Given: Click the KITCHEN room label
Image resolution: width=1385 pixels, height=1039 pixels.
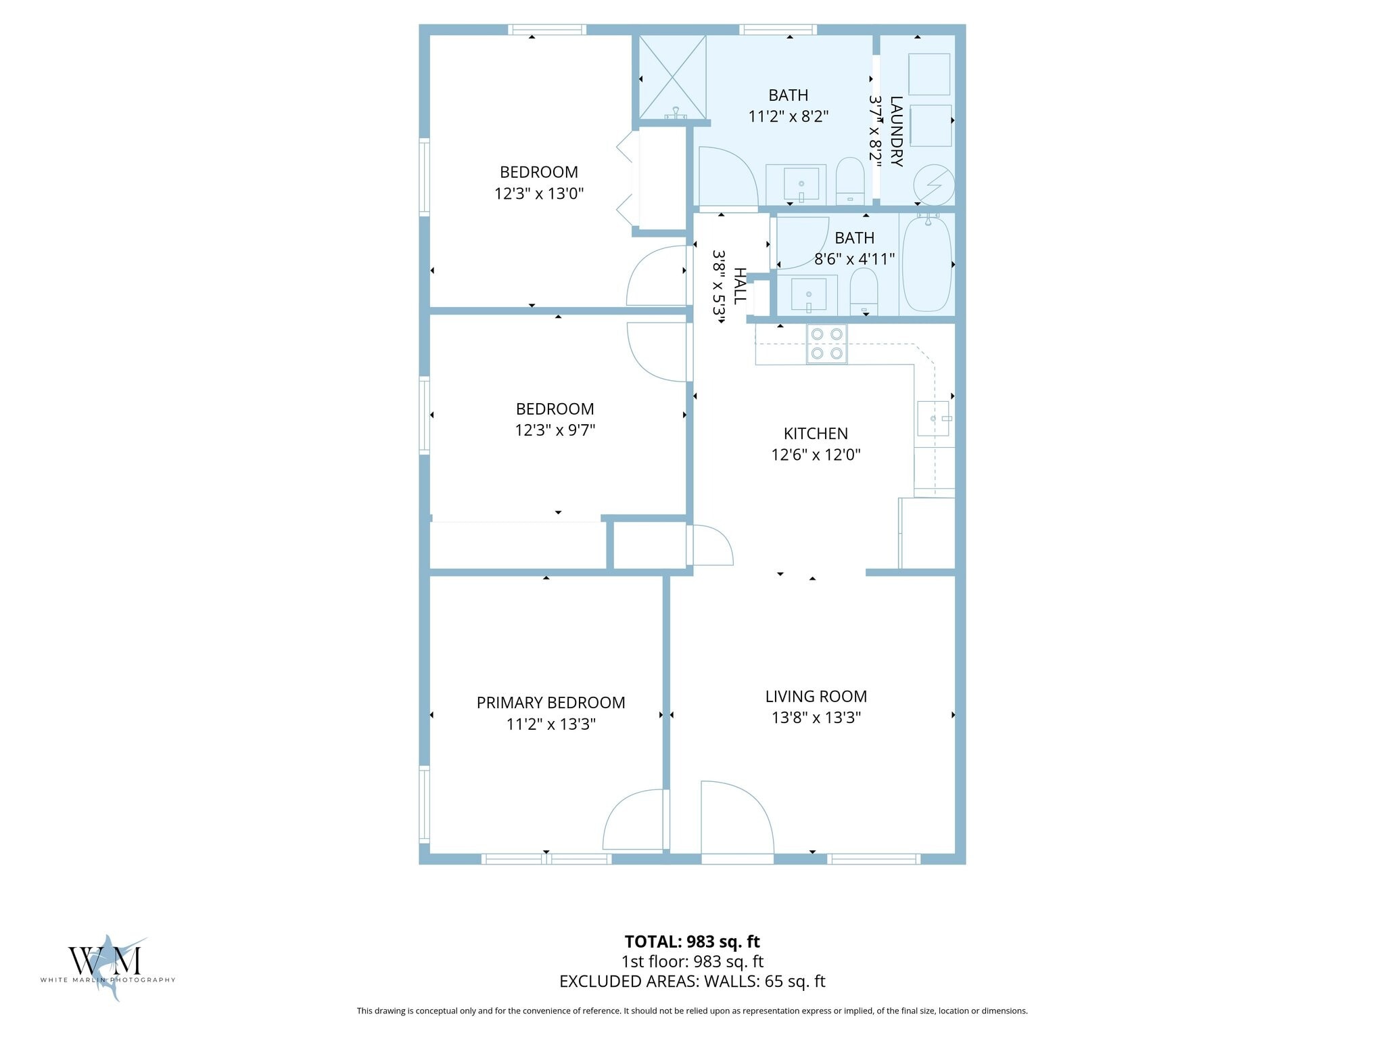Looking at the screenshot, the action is coord(816,434).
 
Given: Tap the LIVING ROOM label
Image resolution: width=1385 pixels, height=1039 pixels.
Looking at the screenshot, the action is coord(816,696).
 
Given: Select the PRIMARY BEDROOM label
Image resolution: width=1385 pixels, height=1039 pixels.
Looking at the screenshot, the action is coord(550,703).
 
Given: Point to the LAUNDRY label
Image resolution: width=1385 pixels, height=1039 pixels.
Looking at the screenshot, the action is coord(896,131).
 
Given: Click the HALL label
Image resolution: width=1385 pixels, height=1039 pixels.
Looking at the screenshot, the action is coord(741,285).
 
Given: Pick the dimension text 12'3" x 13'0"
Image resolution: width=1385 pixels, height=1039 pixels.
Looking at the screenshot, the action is coord(539,193).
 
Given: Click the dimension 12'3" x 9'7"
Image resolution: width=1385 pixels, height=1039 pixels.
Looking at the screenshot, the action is coord(555,430).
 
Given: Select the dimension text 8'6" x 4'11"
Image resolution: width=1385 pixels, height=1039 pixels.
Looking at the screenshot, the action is coord(855,259).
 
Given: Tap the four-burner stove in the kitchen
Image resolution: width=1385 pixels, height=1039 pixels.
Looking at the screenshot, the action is coord(826,344).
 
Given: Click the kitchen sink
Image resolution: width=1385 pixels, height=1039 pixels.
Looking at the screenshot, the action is coord(934,419).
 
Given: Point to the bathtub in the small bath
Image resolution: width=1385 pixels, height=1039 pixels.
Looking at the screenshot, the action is coord(926,263).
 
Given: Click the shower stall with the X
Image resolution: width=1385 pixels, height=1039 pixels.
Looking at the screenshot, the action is coord(672,77).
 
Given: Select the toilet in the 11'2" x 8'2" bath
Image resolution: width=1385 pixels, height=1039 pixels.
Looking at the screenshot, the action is coord(850,181).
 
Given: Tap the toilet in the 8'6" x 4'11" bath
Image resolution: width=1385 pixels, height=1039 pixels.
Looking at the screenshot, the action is coord(864,292).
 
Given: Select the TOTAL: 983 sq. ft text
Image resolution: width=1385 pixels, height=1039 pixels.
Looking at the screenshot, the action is coord(692,942).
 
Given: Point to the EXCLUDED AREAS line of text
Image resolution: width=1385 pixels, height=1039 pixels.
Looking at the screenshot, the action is coord(692,982).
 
